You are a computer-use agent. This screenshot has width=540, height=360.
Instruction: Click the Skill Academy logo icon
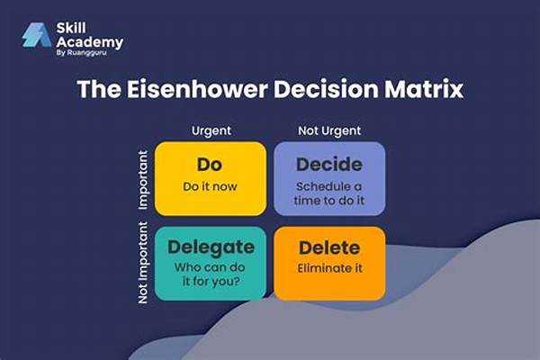click(x=36, y=35)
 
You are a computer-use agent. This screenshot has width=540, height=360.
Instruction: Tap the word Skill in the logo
click(x=71, y=28)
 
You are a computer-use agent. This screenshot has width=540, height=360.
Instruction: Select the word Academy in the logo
click(x=89, y=42)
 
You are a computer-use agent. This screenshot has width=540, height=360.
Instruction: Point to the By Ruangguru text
click(x=81, y=53)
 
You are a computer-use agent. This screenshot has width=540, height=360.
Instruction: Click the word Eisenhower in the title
click(x=197, y=89)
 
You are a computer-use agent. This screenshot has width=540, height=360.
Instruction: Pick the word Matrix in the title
click(x=424, y=89)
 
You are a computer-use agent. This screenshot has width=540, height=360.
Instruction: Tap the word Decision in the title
click(x=326, y=89)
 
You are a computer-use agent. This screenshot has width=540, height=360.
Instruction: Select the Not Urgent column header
click(x=329, y=130)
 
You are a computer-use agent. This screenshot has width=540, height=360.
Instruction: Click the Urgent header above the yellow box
click(x=211, y=130)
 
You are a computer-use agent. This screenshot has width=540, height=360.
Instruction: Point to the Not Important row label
click(x=143, y=263)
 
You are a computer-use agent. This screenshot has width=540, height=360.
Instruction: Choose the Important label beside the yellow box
click(x=143, y=180)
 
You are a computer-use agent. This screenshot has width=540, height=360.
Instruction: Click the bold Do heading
click(x=210, y=165)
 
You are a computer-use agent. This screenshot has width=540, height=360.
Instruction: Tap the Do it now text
click(x=210, y=186)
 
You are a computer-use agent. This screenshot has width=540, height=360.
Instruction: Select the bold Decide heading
click(x=329, y=165)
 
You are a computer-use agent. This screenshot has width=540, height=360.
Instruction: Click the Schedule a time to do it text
click(x=329, y=193)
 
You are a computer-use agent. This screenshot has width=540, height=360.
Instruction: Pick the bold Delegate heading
click(x=211, y=247)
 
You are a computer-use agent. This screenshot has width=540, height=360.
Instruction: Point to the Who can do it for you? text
click(x=210, y=274)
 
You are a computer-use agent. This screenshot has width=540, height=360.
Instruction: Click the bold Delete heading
click(x=329, y=247)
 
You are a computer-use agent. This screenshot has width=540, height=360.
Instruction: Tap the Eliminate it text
click(x=329, y=268)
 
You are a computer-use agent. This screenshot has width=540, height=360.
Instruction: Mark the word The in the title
click(x=99, y=89)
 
